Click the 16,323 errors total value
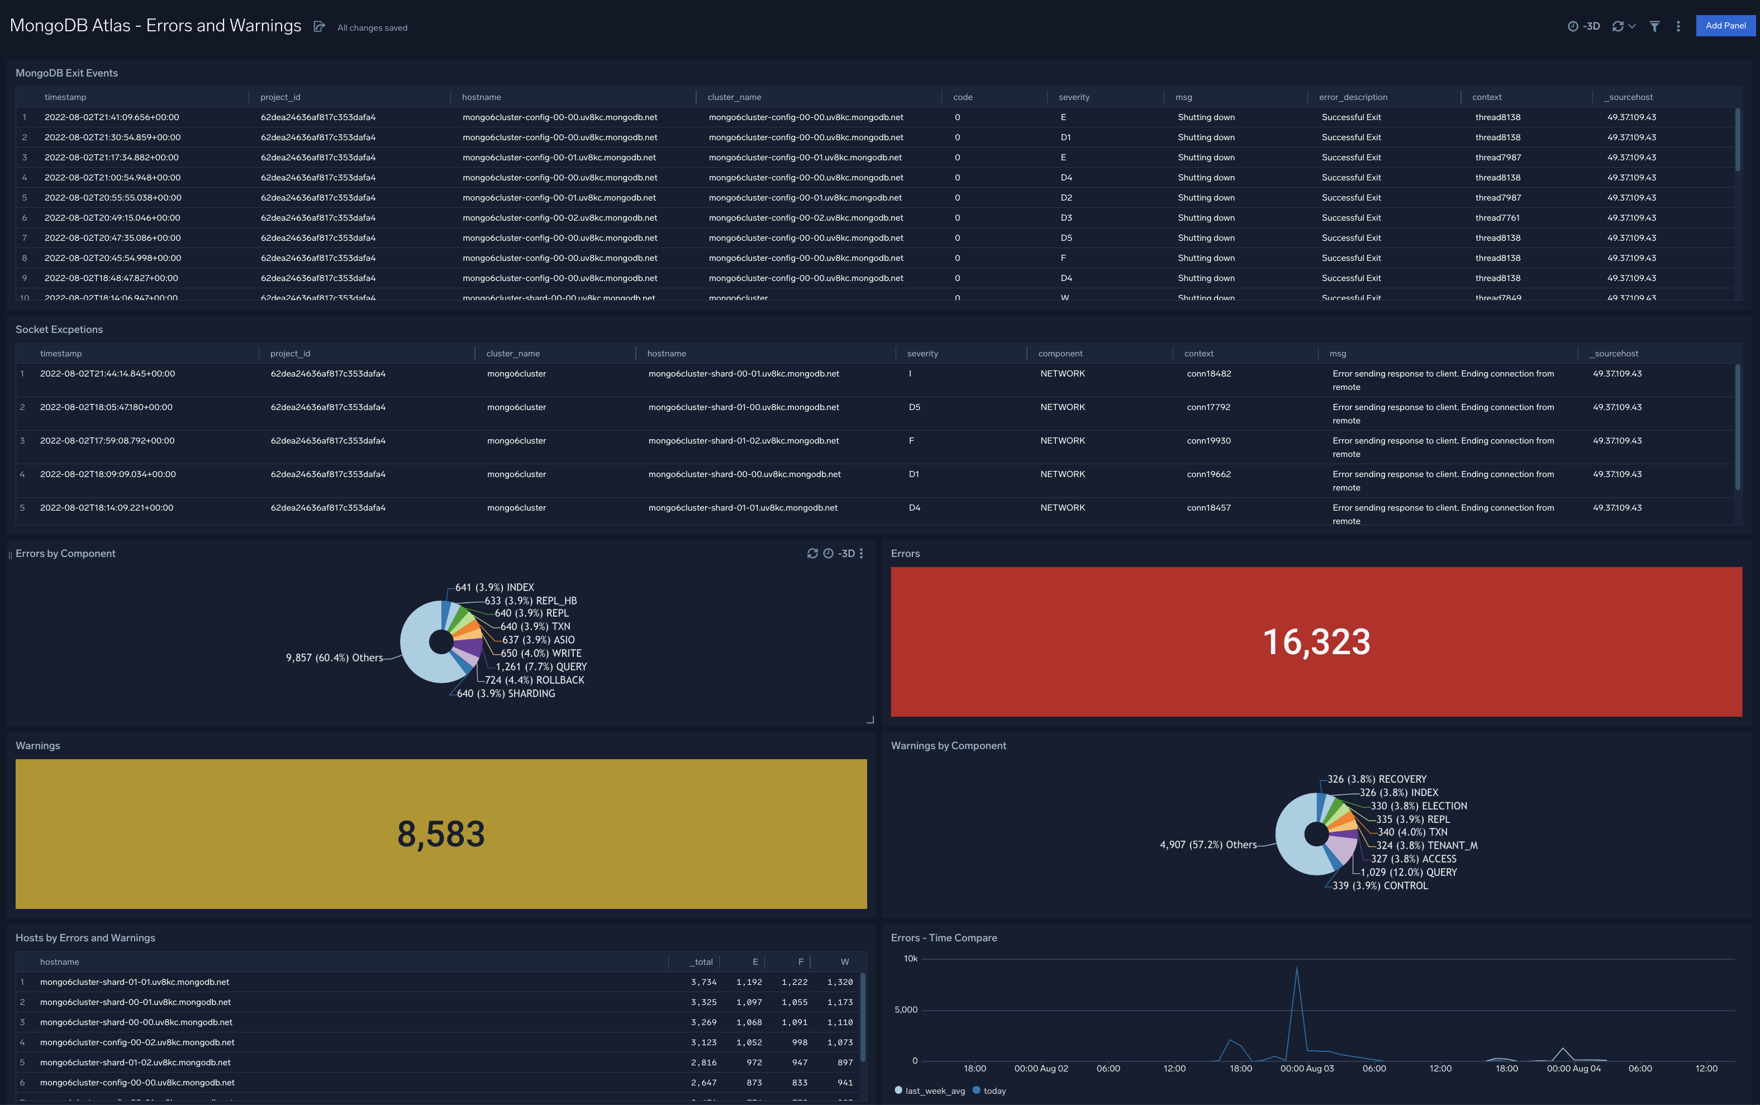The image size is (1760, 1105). pos(1316,642)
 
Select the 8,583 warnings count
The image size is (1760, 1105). pos(441,834)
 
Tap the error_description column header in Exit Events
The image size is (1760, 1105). pos(1352,97)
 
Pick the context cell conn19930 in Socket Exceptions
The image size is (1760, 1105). pos(1208,441)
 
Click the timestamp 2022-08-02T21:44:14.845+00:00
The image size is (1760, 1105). pos(107,373)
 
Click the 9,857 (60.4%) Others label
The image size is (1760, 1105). pos(334,658)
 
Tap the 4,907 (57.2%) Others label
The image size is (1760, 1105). pos(1207,845)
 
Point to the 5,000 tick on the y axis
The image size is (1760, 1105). pos(906,1009)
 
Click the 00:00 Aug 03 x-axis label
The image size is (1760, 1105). pos(1306,1069)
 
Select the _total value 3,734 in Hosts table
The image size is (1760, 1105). pos(703,982)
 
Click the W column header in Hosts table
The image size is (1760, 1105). pos(844,962)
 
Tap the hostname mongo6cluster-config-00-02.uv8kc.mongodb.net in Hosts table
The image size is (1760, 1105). pos(137,1042)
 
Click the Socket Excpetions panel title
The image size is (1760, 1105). pos(59,330)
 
